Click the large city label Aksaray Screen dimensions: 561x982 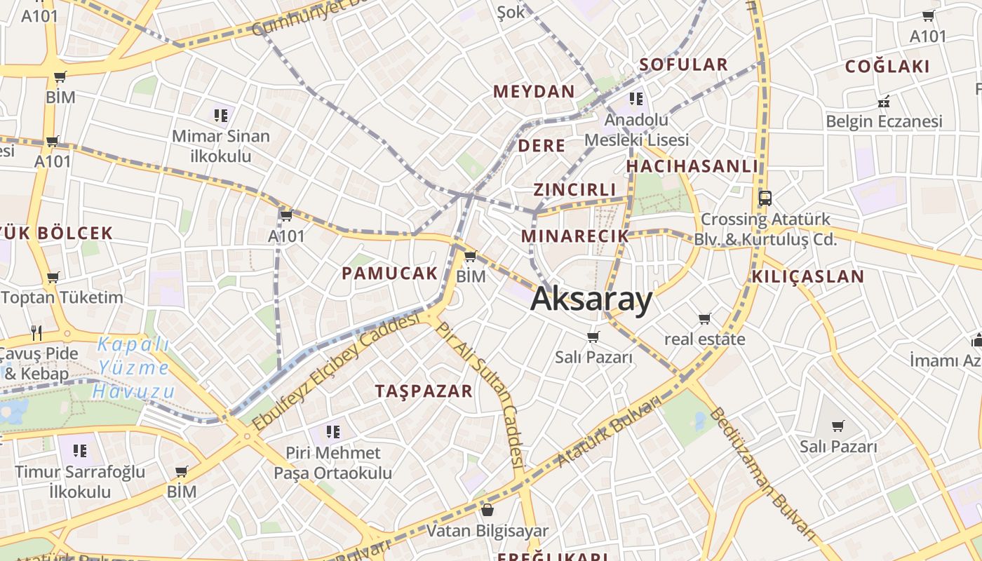tap(591, 299)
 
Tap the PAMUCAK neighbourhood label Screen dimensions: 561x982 tap(390, 273)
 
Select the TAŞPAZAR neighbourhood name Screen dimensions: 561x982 tap(424, 391)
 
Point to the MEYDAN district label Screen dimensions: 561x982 tap(534, 91)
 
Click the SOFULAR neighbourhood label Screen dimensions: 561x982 tap(684, 65)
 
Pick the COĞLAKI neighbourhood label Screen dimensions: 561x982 tap(887, 67)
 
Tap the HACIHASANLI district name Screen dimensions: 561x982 tap(692, 166)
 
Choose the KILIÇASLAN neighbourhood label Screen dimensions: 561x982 tap(808, 276)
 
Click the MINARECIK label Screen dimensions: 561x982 tap(575, 236)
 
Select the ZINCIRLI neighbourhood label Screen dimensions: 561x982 tap(574, 189)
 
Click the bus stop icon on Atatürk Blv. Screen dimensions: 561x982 tap(765, 198)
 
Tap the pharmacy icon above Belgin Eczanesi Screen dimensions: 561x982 tap(884, 102)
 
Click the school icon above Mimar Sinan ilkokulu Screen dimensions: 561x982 tap(222, 115)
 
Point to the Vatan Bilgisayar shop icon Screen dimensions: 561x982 tap(487, 510)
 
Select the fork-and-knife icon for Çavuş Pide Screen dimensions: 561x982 tap(36, 332)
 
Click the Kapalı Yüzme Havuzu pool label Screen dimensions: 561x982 tap(134, 367)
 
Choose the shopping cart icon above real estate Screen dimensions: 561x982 tap(705, 319)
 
